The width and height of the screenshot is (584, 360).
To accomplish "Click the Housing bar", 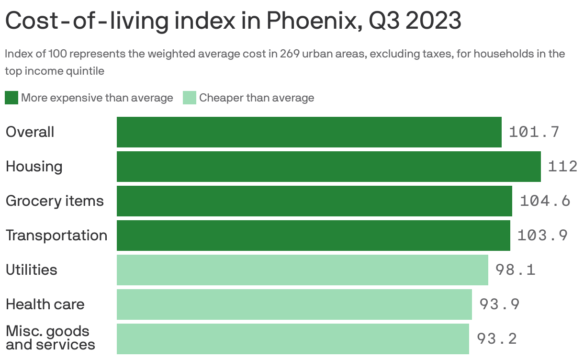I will [328, 167].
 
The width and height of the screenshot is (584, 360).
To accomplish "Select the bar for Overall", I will [309, 132].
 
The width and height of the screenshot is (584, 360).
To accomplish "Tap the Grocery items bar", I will [314, 201].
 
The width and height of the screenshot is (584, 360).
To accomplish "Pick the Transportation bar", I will [313, 236].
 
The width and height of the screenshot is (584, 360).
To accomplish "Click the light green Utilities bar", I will [302, 270].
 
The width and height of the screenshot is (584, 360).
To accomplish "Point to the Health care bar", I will [294, 304].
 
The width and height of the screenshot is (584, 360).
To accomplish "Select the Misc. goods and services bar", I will [292, 339].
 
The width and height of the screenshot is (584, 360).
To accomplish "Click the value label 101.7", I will [534, 132].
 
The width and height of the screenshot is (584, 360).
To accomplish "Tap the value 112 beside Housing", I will [562, 167].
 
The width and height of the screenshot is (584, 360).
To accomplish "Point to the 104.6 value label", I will [545, 201].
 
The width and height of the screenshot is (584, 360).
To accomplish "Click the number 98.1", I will [515, 270].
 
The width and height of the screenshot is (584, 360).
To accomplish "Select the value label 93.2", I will [496, 339].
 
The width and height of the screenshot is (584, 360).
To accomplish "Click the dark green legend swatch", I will [11, 98].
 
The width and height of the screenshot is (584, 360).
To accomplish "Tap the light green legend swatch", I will [190, 98].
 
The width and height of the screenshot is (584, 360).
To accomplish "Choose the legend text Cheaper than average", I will [257, 98].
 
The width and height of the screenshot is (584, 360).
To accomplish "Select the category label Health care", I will [45, 304].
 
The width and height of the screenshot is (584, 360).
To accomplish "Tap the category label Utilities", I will [32, 270].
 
